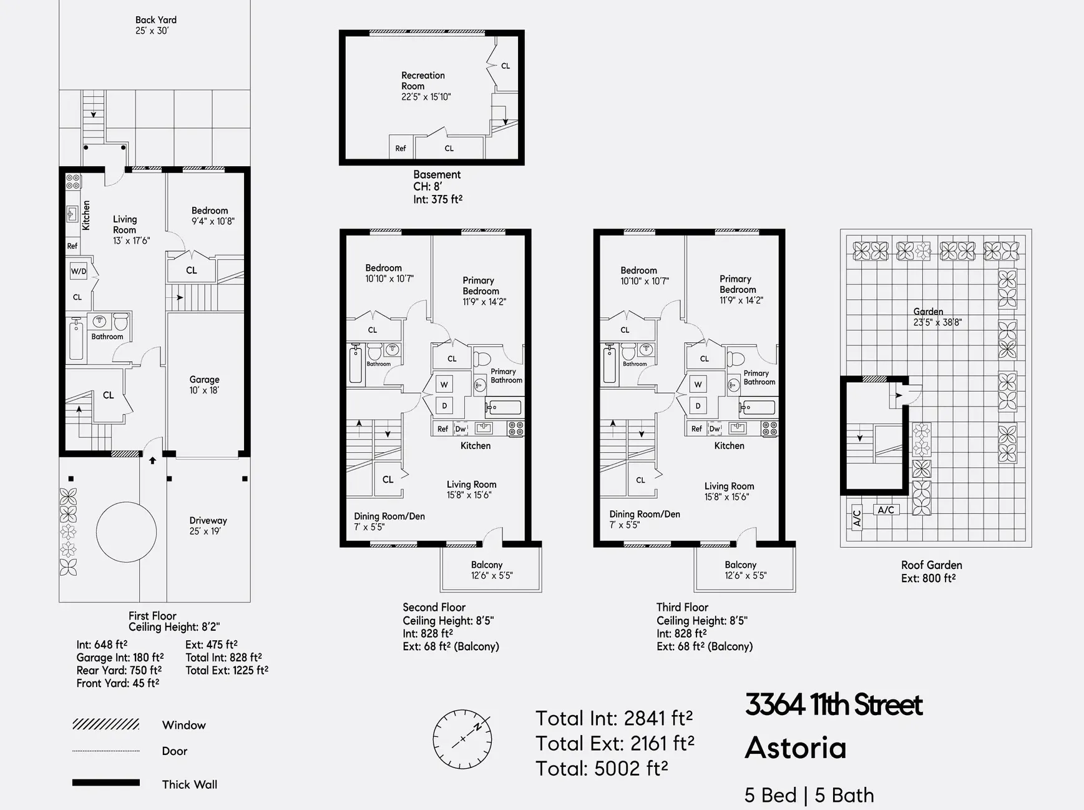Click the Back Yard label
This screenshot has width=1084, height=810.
click(155, 25)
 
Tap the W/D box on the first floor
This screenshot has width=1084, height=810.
click(79, 271)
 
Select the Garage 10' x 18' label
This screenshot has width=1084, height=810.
click(204, 385)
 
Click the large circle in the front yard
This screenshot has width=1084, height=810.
click(126, 532)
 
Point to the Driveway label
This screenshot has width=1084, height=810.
click(208, 525)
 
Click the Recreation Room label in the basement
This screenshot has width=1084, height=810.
click(423, 86)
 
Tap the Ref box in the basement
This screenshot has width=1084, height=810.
click(401, 148)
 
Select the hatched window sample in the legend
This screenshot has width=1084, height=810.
click(105, 724)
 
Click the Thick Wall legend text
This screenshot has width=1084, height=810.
click(189, 784)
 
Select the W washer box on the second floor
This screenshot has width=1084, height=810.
click(444, 384)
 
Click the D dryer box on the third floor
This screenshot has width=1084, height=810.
click(698, 406)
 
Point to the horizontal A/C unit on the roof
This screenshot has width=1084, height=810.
click(886, 510)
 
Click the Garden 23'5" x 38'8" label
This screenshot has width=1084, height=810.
click(936, 317)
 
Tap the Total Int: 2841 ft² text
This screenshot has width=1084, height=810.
click(613, 718)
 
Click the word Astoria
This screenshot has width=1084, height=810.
click(795, 748)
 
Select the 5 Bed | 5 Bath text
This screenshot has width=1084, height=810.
click(809, 795)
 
